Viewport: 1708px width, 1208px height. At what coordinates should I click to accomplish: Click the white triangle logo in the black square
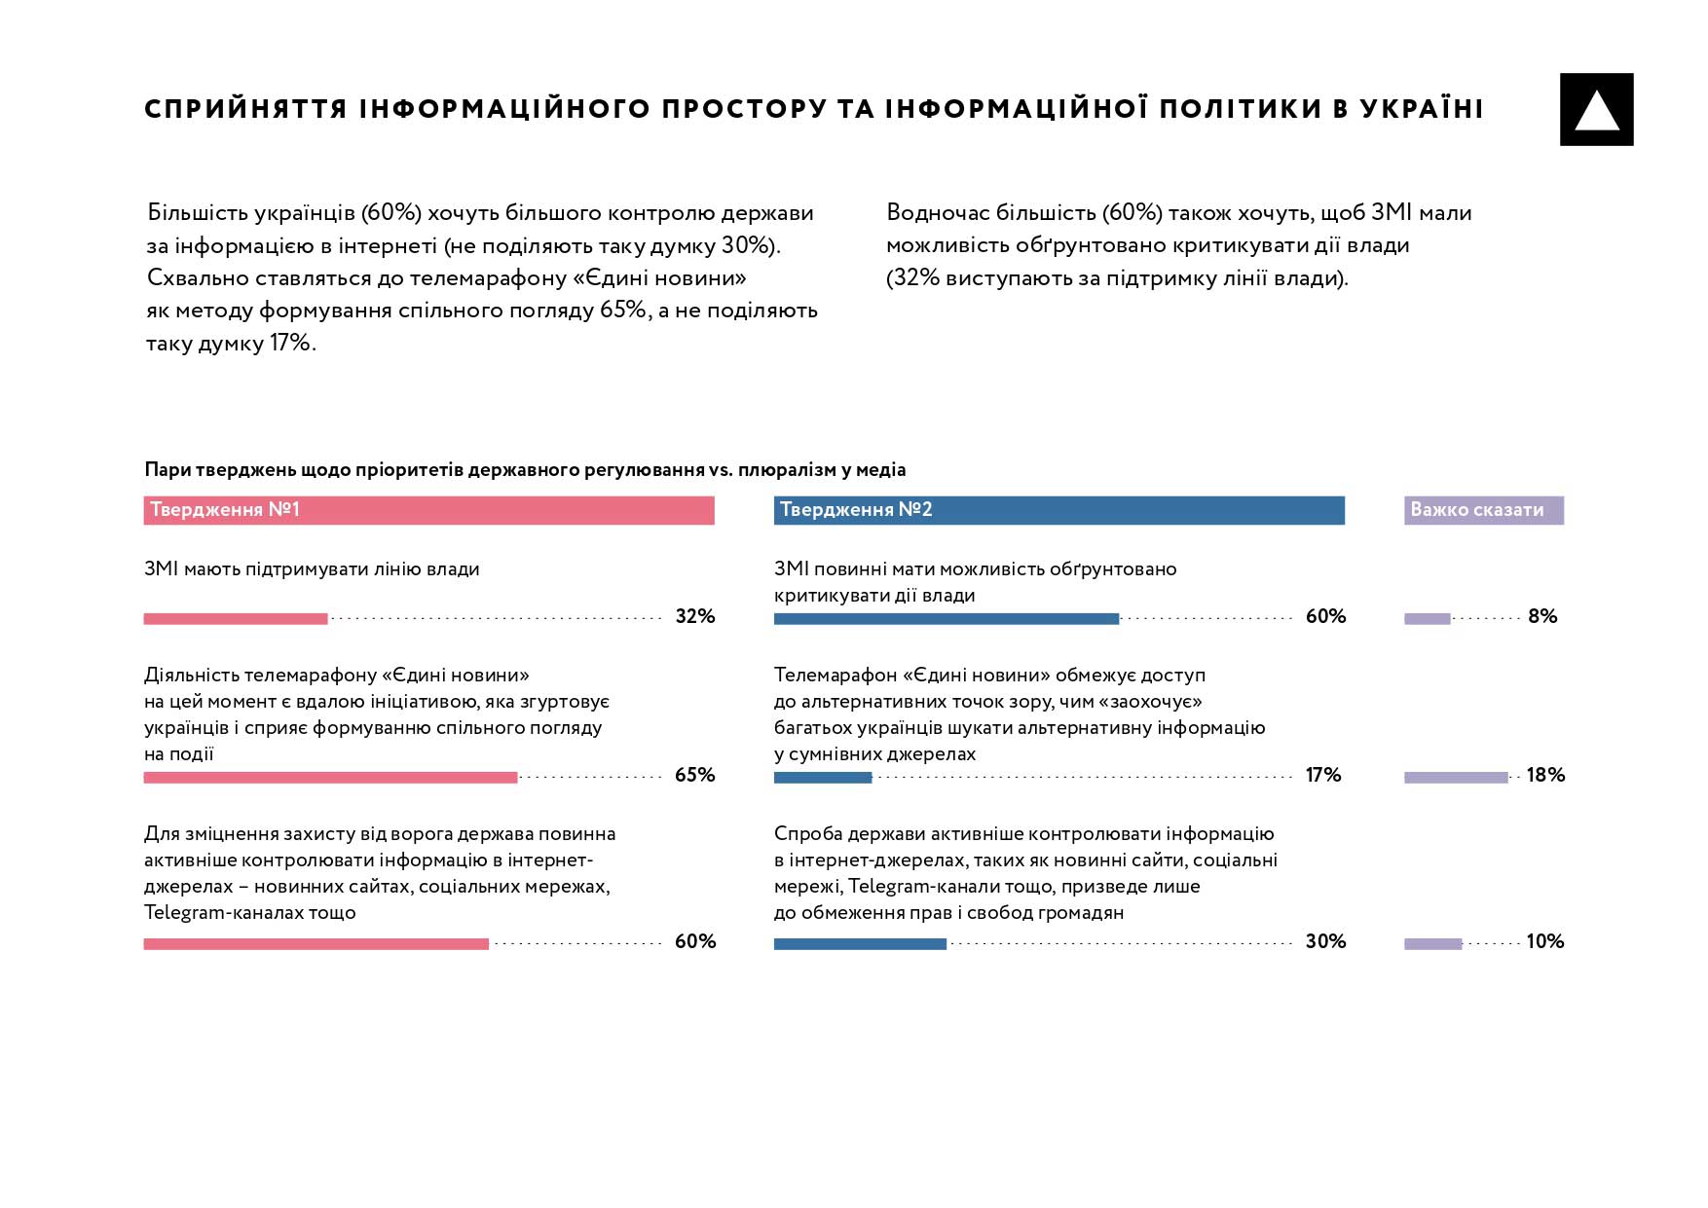tap(1596, 111)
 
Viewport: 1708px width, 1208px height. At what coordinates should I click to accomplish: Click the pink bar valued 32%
tap(236, 619)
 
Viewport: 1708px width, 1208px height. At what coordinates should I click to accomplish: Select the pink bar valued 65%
tap(330, 778)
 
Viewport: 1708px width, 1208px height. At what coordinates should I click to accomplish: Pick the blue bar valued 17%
tap(823, 778)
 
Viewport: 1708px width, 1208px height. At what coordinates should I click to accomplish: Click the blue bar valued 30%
tap(860, 944)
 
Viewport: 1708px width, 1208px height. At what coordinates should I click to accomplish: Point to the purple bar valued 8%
tap(1427, 619)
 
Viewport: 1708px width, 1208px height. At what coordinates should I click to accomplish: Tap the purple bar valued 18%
tap(1456, 778)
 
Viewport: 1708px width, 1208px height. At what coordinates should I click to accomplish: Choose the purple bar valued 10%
tap(1432, 944)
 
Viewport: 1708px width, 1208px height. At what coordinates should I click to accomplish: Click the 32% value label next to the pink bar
tap(695, 616)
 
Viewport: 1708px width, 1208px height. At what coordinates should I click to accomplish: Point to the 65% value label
tap(695, 775)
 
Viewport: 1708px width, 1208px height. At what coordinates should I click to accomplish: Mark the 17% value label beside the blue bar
tap(1323, 775)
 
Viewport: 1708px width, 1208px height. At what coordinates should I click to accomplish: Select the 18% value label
tap(1545, 775)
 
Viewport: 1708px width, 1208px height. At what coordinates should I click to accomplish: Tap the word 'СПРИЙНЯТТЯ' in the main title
tap(246, 109)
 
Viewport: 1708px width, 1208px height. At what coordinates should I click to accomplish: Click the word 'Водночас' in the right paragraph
tap(938, 213)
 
